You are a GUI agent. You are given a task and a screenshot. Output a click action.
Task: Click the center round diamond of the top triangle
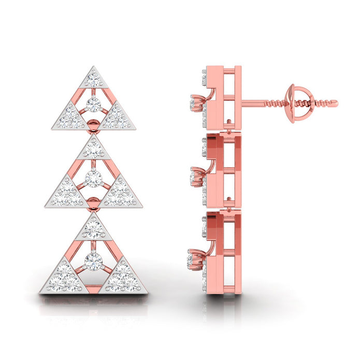pyautogui.click(x=93, y=104)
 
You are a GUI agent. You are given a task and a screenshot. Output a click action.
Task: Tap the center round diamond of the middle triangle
pyautogui.click(x=93, y=179)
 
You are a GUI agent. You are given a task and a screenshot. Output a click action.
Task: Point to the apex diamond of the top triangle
pyautogui.click(x=93, y=79)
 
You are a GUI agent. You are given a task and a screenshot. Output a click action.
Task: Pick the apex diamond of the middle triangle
pyautogui.click(x=93, y=150)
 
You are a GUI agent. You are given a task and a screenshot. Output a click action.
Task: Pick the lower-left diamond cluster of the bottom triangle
pyautogui.click(x=63, y=279)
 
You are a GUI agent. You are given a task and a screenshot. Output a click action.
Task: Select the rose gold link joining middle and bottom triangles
pyautogui.click(x=93, y=201)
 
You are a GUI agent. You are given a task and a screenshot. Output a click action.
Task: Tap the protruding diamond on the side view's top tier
pyautogui.click(x=196, y=103)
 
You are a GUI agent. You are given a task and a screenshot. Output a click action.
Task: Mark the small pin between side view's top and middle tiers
pyautogui.click(x=228, y=122)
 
